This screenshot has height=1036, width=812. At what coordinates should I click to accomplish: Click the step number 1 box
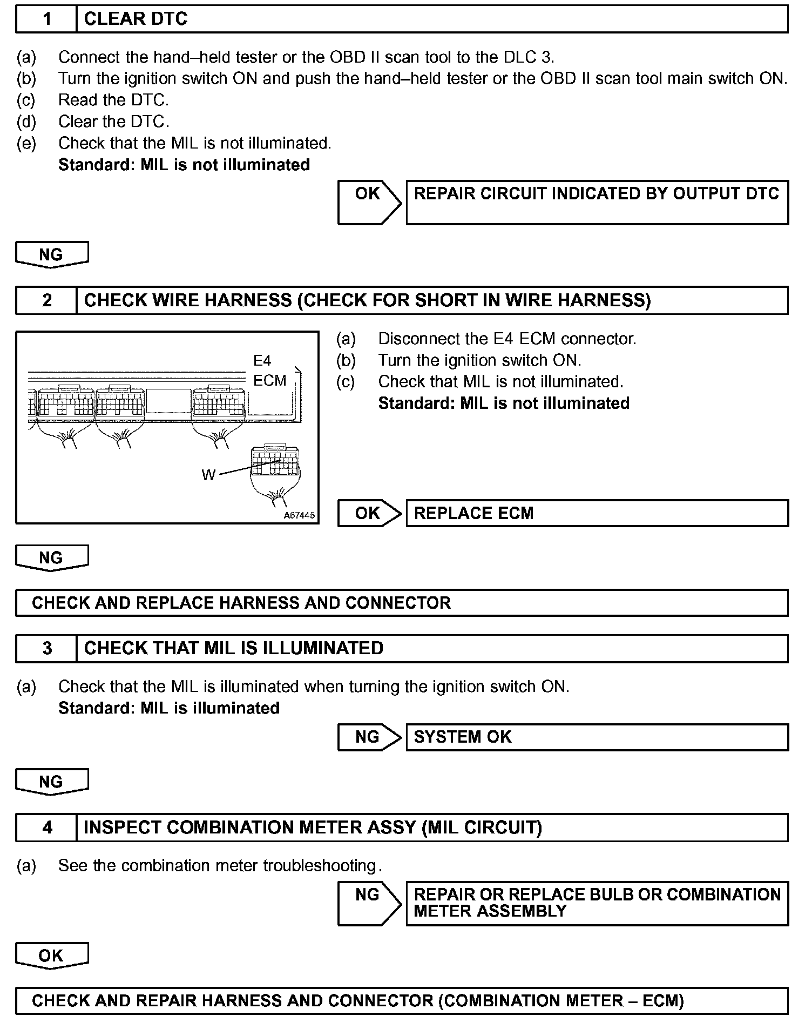coord(47,19)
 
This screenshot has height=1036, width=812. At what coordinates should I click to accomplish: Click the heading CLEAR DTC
coord(136,19)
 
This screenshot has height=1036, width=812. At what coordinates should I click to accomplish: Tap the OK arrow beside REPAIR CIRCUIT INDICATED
coord(368,202)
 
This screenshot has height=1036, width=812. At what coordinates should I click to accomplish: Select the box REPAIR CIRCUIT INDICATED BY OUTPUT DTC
coord(597,202)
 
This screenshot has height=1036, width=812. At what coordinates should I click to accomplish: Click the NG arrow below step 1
coord(51,254)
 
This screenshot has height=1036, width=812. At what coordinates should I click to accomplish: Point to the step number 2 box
coord(47,300)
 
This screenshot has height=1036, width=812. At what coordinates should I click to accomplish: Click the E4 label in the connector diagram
coord(262,361)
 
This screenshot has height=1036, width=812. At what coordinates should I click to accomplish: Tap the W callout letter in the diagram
coord(208,475)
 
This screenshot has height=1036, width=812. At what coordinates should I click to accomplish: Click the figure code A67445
coord(299,515)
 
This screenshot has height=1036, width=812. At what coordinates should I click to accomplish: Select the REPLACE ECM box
coord(597,513)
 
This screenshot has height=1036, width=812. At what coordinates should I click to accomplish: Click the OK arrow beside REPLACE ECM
coord(368,513)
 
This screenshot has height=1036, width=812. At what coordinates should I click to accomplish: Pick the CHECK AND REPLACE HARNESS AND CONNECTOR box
coord(402,603)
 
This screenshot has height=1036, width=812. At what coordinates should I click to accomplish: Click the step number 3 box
coord(47,648)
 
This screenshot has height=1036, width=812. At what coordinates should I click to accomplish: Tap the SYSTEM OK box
coord(597,737)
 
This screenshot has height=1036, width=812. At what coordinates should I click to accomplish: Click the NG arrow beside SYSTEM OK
coord(368,737)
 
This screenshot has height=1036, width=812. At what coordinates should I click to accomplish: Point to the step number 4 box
coord(47,828)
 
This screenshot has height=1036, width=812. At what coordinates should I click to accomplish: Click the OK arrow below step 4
coord(51,956)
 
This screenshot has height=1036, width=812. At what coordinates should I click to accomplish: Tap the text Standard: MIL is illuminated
coord(169,708)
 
